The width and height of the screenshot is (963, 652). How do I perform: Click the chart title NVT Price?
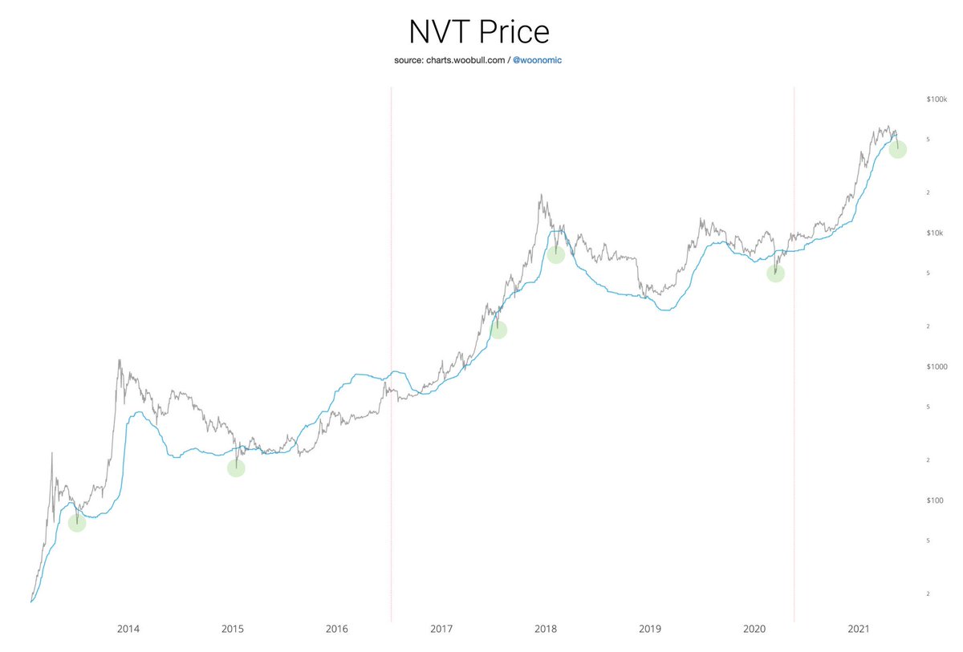pyautogui.click(x=479, y=32)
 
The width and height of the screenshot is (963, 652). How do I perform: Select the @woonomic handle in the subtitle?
pyautogui.click(x=542, y=61)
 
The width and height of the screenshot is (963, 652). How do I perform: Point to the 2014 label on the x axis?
pyautogui.click(x=128, y=630)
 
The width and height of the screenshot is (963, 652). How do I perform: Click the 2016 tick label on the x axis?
pyautogui.click(x=337, y=630)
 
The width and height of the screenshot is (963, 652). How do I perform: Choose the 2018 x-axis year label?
pyautogui.click(x=546, y=630)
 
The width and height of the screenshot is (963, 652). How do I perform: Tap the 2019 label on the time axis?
pyautogui.click(x=650, y=630)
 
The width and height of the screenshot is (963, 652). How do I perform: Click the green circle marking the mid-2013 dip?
pyautogui.click(x=76, y=522)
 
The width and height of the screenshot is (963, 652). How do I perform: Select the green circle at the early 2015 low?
pyautogui.click(x=235, y=468)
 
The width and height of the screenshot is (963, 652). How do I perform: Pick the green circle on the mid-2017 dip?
pyautogui.click(x=498, y=329)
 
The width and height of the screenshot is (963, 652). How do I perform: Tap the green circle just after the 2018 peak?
pyautogui.click(x=555, y=254)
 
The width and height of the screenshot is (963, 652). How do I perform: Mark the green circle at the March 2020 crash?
pyautogui.click(x=774, y=273)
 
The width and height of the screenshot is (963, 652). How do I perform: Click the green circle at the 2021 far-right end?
pyautogui.click(x=897, y=149)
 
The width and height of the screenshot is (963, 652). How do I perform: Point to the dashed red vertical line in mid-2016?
pyautogui.click(x=391, y=353)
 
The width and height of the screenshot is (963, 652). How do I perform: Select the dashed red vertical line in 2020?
pyautogui.click(x=794, y=353)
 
